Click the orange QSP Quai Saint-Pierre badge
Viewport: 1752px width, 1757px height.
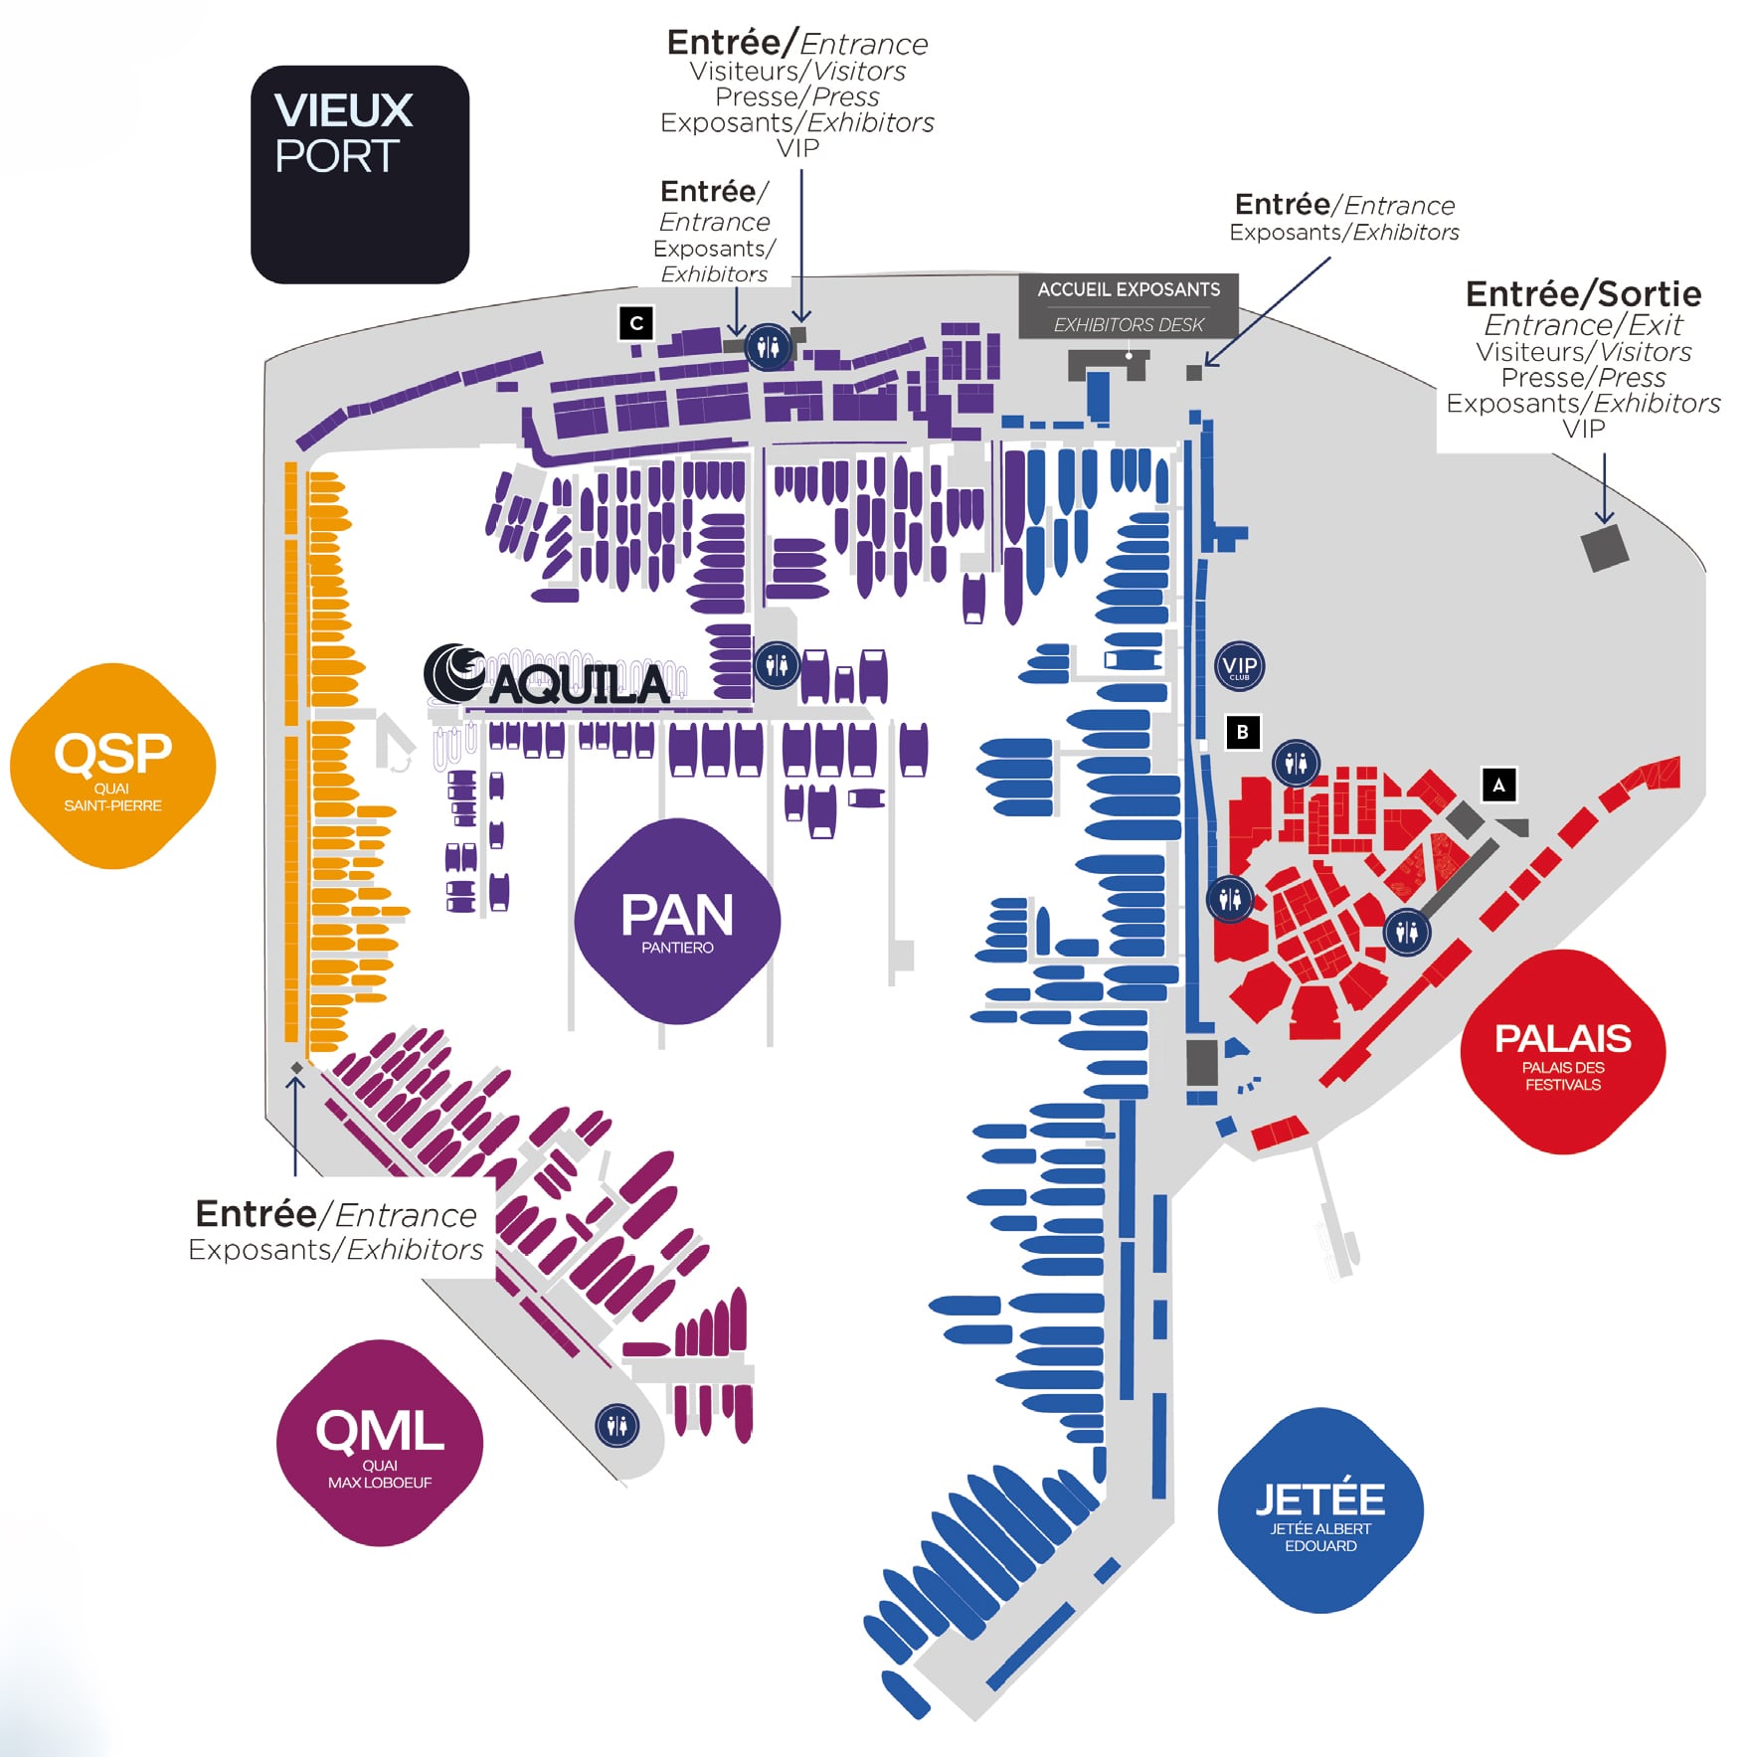112,766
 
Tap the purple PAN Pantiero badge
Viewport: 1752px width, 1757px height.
677,921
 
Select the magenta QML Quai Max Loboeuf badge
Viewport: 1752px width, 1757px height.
380,1443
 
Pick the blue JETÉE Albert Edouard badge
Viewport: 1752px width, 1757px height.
1320,1509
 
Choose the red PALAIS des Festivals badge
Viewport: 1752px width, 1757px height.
1563,1052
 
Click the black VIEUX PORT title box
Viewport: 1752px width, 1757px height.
360,175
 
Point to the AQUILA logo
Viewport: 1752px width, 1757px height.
548,676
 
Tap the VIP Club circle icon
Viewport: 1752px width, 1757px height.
1239,666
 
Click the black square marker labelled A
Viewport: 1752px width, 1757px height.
1498,785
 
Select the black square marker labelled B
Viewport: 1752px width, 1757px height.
1242,732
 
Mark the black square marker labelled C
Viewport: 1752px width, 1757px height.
636,322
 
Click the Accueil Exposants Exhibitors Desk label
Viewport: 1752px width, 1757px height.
1129,306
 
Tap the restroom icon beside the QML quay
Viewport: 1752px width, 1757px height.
616,1426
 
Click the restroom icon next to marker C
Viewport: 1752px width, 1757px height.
769,347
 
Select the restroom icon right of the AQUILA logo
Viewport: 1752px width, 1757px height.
777,664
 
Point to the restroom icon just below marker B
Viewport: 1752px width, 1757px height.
1296,764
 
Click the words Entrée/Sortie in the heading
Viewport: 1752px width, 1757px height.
1583,294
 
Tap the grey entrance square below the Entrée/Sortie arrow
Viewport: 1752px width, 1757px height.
1604,548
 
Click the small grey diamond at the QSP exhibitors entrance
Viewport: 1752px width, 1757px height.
296,1068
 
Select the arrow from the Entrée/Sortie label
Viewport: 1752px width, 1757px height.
1604,487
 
